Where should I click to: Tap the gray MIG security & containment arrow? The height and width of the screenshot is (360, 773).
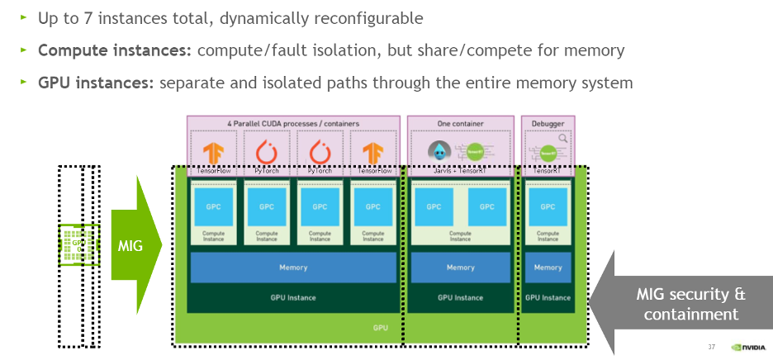[x=685, y=304]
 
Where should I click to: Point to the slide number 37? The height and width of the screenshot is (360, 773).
[x=711, y=347]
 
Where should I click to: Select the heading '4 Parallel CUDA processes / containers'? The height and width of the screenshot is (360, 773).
[x=293, y=124]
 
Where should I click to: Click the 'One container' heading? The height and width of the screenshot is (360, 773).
[x=460, y=124]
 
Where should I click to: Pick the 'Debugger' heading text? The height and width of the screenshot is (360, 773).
[x=547, y=124]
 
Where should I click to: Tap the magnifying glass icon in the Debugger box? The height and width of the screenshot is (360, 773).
[x=562, y=139]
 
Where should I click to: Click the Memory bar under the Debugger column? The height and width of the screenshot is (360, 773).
[x=548, y=268]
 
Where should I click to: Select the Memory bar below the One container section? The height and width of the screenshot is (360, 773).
[x=460, y=268]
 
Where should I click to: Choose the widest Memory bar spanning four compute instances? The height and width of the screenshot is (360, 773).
[x=293, y=268]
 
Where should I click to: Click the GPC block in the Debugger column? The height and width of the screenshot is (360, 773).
[x=548, y=206]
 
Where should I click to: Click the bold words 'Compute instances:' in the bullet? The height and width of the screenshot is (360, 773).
[x=114, y=51]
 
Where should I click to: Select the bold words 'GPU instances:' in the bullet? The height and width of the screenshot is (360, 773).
[x=97, y=83]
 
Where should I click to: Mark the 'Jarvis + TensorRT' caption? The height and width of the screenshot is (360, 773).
[x=460, y=170]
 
